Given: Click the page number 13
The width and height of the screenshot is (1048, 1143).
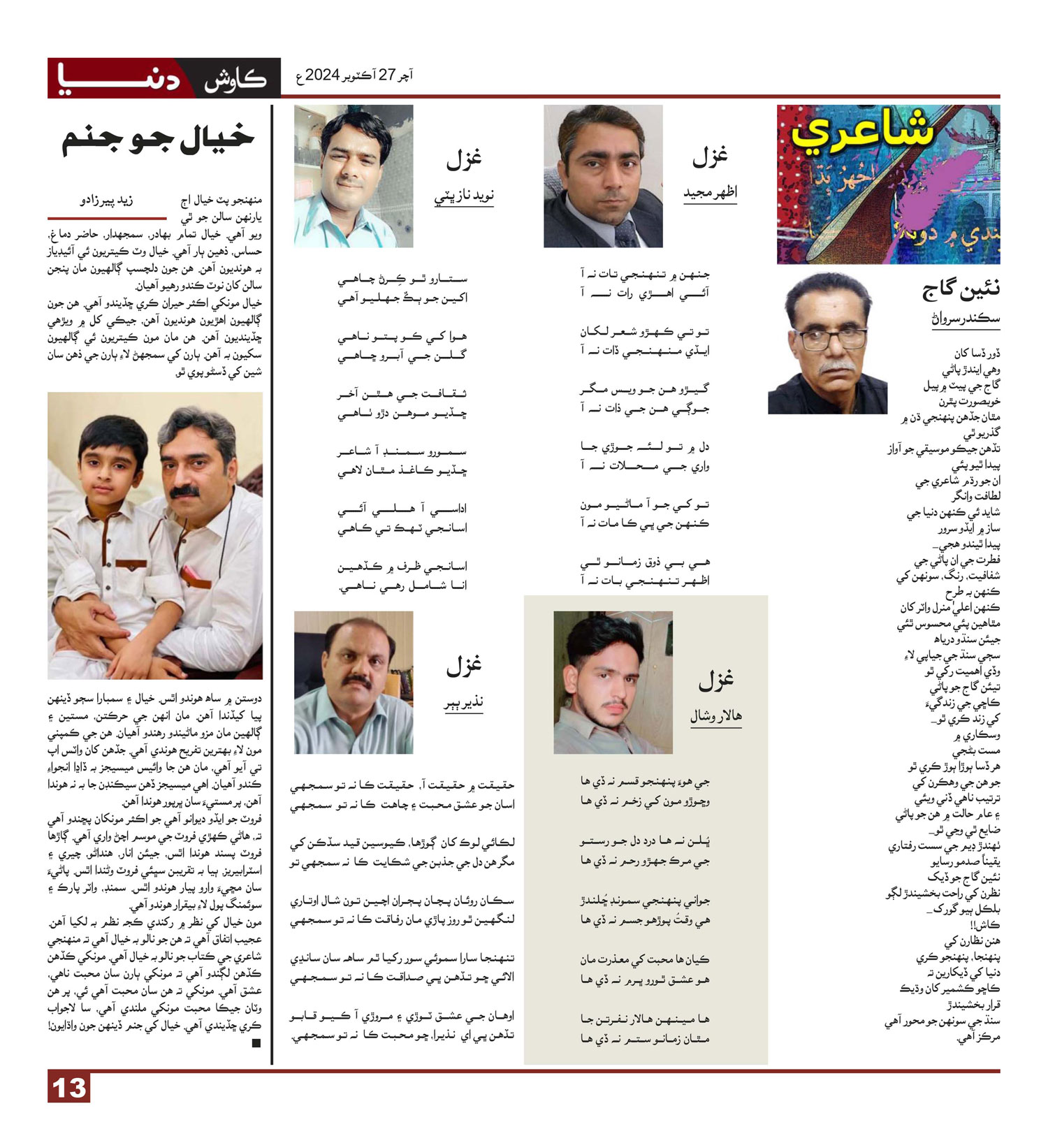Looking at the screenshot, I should [69, 1088].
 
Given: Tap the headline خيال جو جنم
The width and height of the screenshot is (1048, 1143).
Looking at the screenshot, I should [158, 138].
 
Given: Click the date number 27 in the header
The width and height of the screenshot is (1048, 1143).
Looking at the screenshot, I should [386, 75].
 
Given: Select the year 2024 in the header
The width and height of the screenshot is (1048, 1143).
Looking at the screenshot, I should [322, 75].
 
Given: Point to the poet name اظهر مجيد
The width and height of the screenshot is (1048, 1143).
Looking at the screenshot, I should [710, 192].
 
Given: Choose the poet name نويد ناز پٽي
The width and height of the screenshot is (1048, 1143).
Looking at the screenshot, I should [464, 196].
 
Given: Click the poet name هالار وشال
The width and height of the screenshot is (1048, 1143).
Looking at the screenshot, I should [715, 716].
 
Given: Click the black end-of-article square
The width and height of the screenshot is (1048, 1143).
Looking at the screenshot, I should [256, 1043].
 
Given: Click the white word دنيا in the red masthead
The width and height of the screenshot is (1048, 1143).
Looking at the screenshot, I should [119, 78].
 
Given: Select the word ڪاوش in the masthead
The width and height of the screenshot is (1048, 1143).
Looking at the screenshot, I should [235, 79].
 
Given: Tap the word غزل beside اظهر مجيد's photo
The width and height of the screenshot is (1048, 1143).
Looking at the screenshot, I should [710, 158].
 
